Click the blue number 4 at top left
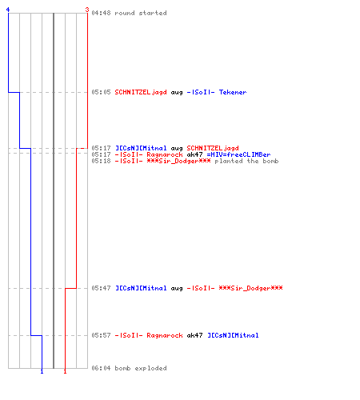(x=8, y=10)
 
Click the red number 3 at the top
(x=87, y=10)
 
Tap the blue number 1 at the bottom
(x=42, y=371)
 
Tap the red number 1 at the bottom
(x=65, y=371)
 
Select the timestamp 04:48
(x=101, y=13)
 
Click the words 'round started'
(x=141, y=13)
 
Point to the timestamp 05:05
(x=101, y=92)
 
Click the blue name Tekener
(x=233, y=92)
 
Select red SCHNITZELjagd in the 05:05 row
(x=141, y=92)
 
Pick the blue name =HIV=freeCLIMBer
(x=238, y=154)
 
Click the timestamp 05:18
(x=101, y=161)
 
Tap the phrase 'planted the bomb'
(x=246, y=161)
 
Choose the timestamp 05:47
(x=101, y=288)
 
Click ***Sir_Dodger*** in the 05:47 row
(x=250, y=288)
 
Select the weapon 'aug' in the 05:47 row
(x=177, y=289)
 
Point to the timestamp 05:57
(x=101, y=335)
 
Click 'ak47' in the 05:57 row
(x=194, y=335)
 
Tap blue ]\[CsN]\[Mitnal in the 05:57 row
(x=233, y=335)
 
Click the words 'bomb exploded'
(x=141, y=368)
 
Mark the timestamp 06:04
(x=101, y=368)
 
